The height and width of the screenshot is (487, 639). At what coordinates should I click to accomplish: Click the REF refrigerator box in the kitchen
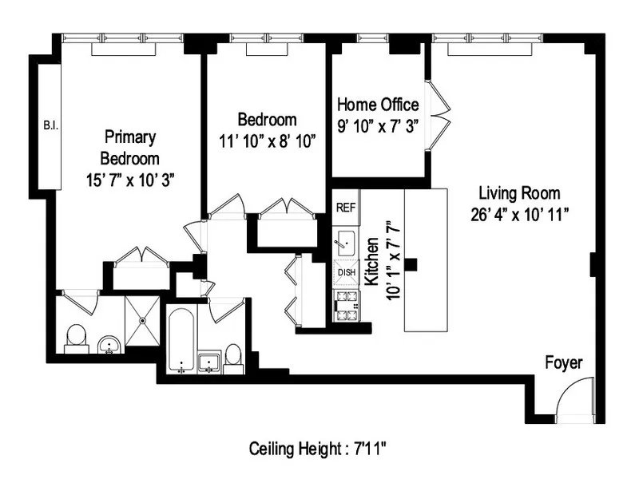(345, 207)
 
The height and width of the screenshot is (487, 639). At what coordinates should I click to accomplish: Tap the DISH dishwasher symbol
(346, 272)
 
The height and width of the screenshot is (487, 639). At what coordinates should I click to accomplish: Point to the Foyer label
(563, 363)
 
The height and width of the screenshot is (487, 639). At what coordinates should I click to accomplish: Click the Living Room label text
(518, 193)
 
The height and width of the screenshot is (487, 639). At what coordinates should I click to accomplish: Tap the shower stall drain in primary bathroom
(142, 319)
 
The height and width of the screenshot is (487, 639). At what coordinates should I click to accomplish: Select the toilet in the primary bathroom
(76, 338)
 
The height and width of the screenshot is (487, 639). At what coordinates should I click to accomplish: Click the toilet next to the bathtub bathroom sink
(233, 357)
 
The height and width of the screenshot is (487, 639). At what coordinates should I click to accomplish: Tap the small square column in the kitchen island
(411, 264)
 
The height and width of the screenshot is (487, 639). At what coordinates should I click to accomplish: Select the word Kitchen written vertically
(371, 261)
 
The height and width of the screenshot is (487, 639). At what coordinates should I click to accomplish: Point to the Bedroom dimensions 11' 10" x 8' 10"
(267, 141)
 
